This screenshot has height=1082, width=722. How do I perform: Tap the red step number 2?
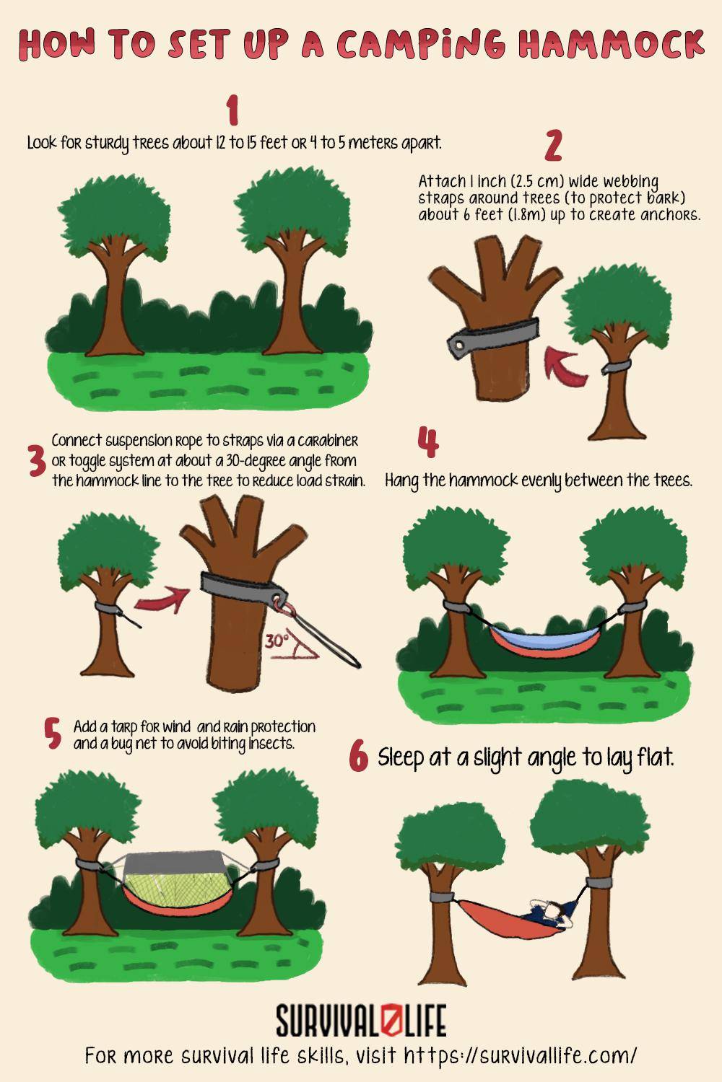tap(553, 145)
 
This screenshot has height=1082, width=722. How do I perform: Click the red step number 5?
tap(52, 734)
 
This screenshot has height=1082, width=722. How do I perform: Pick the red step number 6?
tap(359, 757)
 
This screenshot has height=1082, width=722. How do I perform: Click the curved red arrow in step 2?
tap(565, 364)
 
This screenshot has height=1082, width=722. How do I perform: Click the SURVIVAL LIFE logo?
tap(361, 1021)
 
